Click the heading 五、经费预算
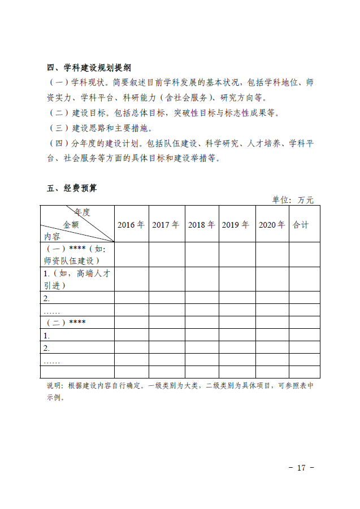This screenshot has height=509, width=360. coord(72,188)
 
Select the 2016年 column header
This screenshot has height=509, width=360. coord(131,224)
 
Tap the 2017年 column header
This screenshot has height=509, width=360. coord(166,224)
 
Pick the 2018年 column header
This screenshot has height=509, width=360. coord(202,224)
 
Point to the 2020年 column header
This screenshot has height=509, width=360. coord(272,224)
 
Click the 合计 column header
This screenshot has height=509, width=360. coord(301,224)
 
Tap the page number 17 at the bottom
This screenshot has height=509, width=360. coord(301,468)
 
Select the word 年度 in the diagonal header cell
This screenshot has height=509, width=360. coord(82,212)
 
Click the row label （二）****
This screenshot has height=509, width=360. coord(65,322)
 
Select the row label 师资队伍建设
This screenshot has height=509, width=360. coord(71,260)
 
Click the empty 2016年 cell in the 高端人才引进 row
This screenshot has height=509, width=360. coord(131,279)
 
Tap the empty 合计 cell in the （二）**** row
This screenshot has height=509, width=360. coord(305,322)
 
